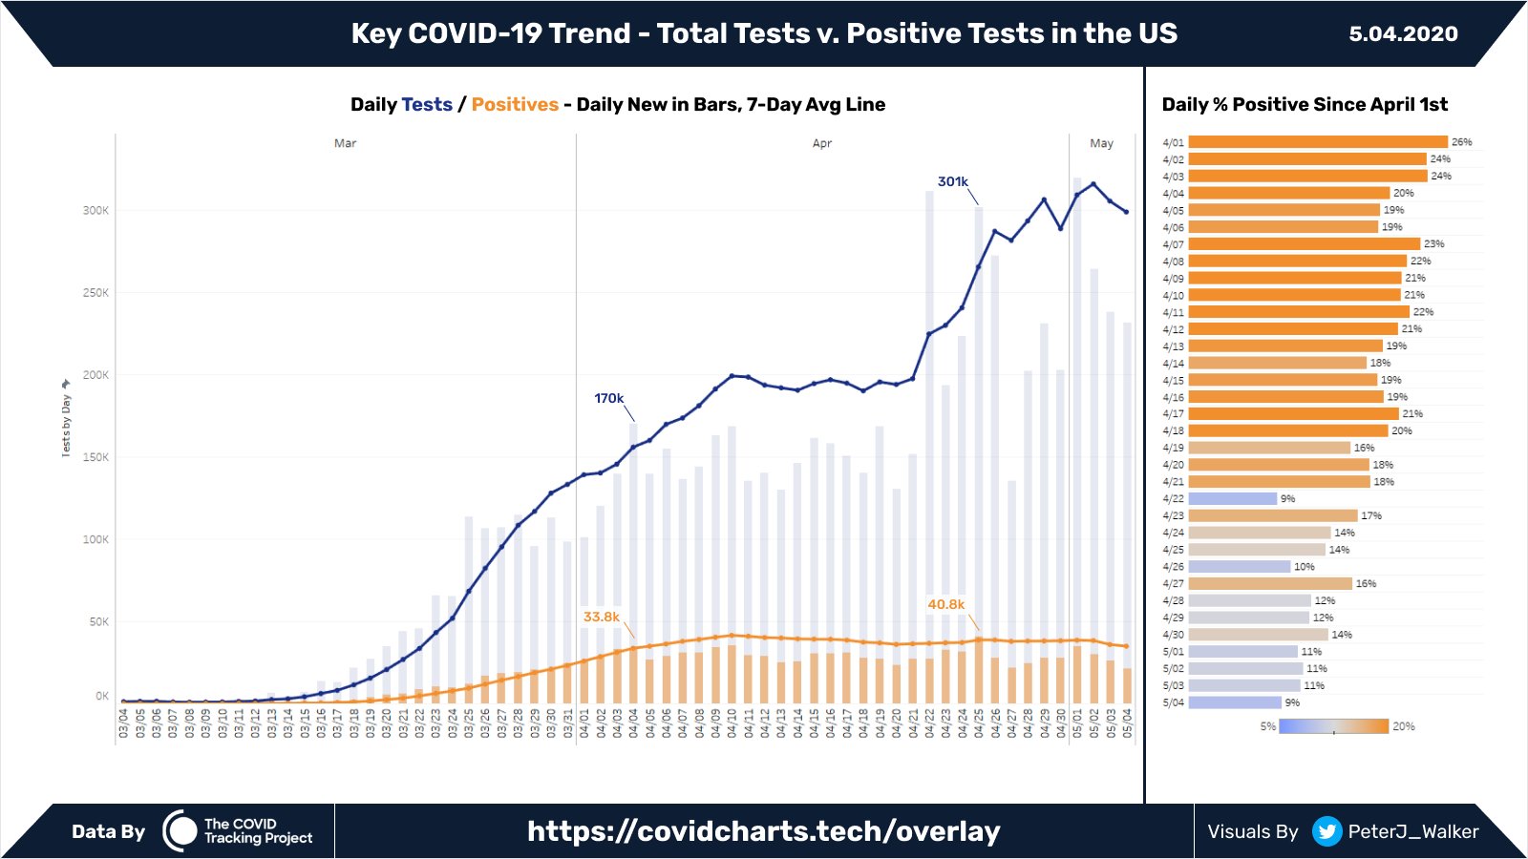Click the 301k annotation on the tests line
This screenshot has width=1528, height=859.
[x=952, y=181]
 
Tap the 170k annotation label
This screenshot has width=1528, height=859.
[x=608, y=398]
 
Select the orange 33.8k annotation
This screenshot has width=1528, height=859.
[x=602, y=617]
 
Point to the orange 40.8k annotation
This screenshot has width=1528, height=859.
[x=945, y=604]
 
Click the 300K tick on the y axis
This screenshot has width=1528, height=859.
[x=95, y=210]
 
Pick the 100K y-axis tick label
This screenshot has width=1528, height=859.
[x=95, y=539]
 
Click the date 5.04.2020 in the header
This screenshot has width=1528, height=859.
[x=1403, y=34]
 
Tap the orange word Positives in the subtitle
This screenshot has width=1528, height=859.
[x=515, y=104]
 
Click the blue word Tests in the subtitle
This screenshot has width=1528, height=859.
[x=427, y=104]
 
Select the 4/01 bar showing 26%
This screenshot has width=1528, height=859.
[x=1318, y=142]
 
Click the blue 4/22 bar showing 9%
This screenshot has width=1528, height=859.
[x=1232, y=498]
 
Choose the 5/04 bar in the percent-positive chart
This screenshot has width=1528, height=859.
[x=1234, y=702]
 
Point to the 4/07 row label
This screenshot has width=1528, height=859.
[x=1173, y=244]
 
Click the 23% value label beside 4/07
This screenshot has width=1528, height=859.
[x=1433, y=244]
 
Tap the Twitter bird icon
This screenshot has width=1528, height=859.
[x=1326, y=831]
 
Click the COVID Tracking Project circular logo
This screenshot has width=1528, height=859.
[x=180, y=831]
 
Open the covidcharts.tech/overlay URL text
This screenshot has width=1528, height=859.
[x=763, y=831]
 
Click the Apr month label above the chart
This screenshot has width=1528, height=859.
[x=821, y=143]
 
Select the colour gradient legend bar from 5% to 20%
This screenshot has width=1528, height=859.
[x=1333, y=726]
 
